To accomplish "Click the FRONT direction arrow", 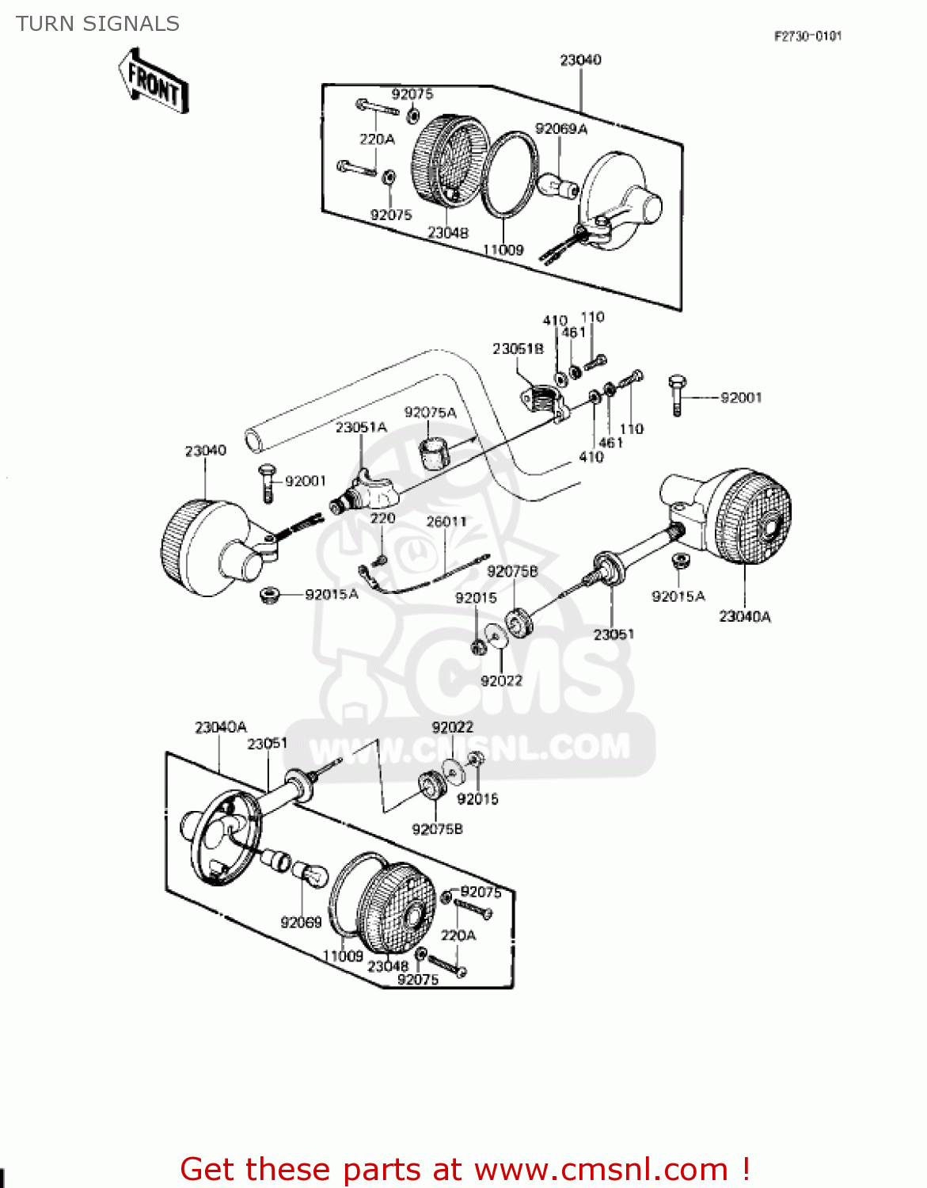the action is click(x=154, y=81).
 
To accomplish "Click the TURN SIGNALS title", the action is click(x=97, y=24).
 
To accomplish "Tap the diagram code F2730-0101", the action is click(x=807, y=36).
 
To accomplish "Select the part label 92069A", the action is click(x=561, y=128).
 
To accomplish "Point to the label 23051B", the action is click(x=518, y=348).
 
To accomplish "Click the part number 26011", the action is click(x=446, y=521).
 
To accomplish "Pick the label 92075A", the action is click(x=430, y=412).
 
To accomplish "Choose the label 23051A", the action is click(x=361, y=427).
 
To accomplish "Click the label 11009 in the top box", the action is click(x=503, y=249).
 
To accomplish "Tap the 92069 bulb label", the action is click(x=301, y=922).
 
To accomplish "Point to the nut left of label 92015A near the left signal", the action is click(x=270, y=595).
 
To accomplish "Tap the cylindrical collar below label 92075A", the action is click(x=433, y=452).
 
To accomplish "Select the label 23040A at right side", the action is click(x=744, y=616).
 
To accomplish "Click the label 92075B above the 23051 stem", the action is click(x=512, y=571).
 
